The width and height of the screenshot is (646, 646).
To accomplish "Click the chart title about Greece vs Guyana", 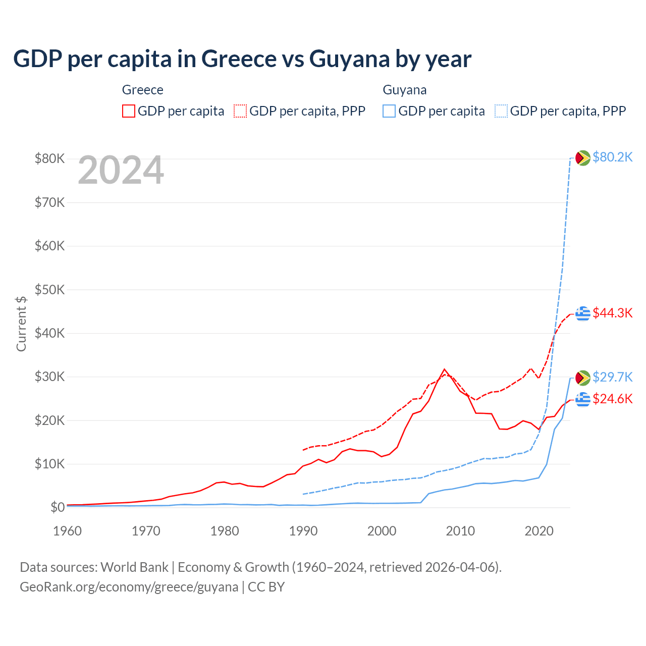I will (242, 59).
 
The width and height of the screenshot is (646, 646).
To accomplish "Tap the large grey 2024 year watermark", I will (121, 170).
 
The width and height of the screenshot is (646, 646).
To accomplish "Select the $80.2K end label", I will (612, 157).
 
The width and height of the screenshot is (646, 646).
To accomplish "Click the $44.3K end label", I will (612, 313).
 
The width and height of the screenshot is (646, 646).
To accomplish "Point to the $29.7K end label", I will (612, 377).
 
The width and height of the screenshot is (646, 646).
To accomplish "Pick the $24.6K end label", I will (612, 399).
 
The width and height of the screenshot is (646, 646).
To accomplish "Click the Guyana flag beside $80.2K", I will (583, 157).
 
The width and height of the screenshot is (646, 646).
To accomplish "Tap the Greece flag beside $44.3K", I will (583, 313).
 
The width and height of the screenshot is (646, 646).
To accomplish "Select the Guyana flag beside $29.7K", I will (583, 377).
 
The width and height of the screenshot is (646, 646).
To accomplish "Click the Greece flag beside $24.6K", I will (583, 399).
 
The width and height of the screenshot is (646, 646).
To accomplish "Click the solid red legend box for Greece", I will (129, 111).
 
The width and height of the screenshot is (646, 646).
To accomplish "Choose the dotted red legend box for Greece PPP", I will (240, 111).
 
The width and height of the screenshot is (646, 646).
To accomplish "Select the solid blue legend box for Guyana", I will (389, 111).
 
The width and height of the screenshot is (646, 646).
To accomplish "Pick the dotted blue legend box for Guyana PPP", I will (501, 111).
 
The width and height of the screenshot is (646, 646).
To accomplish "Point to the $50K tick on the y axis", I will (49, 290).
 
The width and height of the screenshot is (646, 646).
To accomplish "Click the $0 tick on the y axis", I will (57, 507).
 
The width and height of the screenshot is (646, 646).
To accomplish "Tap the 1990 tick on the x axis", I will (303, 531).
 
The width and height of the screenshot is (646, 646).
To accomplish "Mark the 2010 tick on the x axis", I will (461, 531).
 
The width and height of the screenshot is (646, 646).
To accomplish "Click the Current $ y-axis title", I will (21, 324).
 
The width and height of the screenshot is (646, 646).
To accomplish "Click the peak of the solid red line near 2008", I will (444, 369).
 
